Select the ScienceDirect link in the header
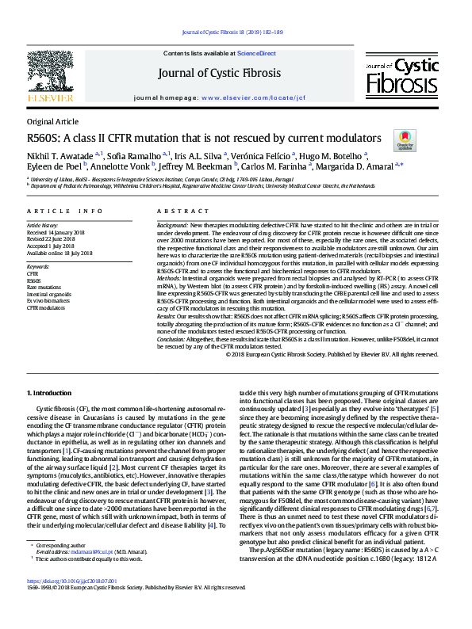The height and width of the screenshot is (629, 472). click(255, 53)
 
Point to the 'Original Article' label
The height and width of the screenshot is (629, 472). click(52, 121)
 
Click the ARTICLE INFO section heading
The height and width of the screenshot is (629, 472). click(65, 211)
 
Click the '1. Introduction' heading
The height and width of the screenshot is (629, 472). click(51, 393)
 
